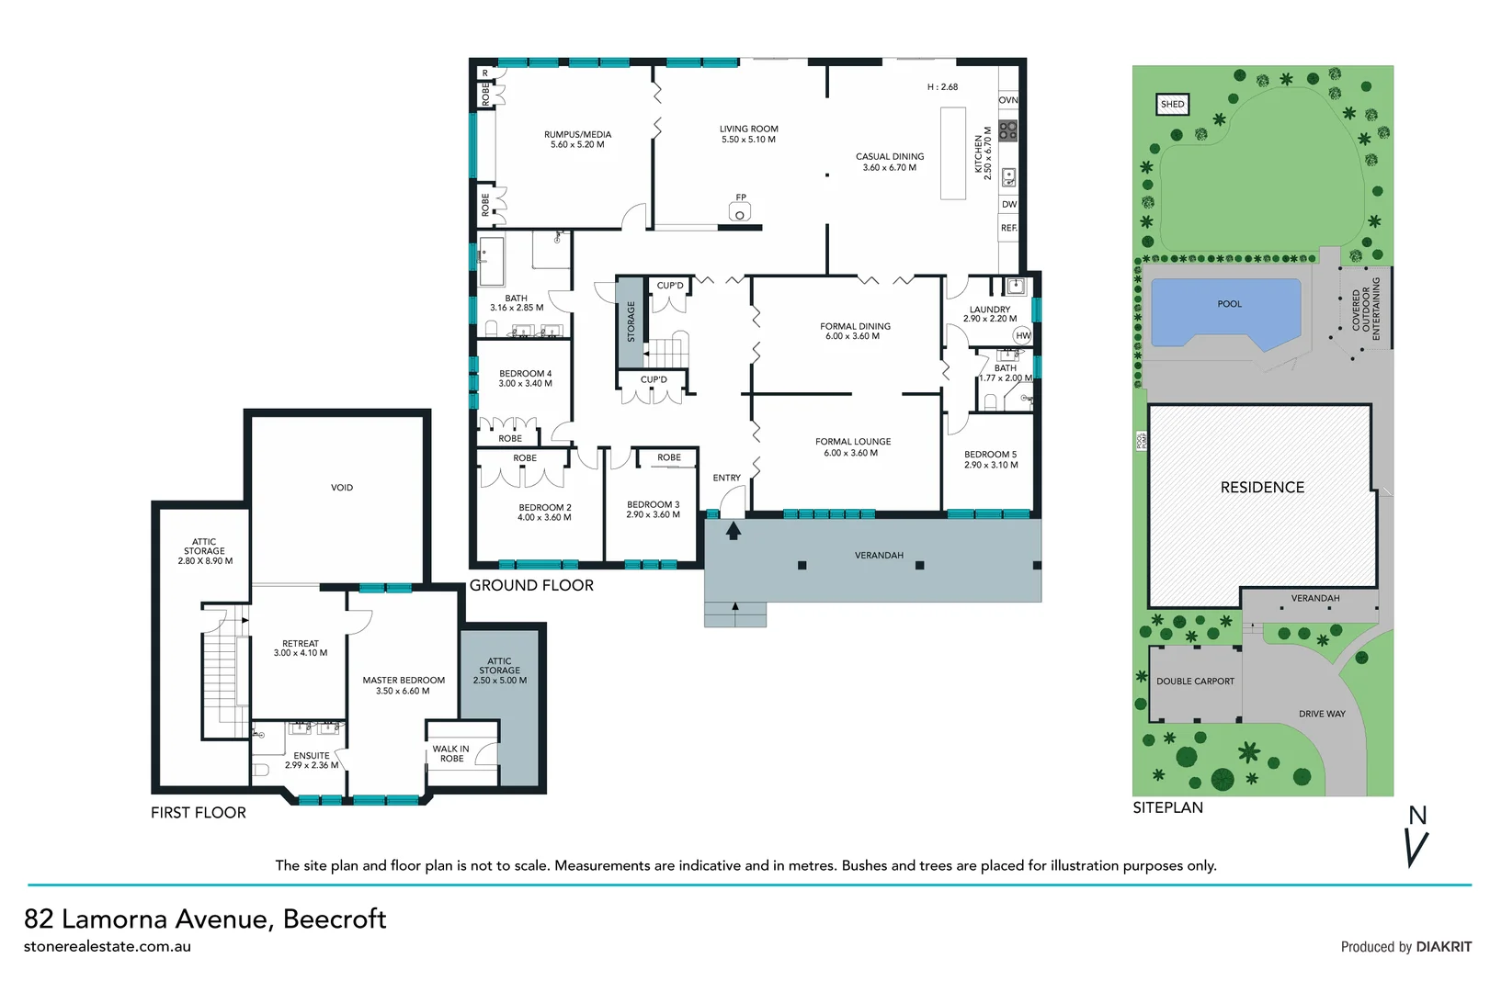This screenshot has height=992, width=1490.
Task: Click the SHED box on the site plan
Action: click(x=1172, y=105)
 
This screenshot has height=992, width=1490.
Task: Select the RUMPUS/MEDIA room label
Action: click(x=577, y=135)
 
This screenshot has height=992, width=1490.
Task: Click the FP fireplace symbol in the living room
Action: click(x=740, y=212)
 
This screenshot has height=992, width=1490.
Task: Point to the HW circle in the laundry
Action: click(x=1023, y=336)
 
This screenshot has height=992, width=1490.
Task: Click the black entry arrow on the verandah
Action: click(x=734, y=531)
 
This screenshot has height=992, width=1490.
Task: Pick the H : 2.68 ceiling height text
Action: click(x=942, y=87)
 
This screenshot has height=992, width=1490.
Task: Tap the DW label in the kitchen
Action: click(x=1009, y=205)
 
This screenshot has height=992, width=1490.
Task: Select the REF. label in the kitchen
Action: click(x=1009, y=228)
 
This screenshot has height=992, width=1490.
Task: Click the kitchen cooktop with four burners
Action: click(x=1008, y=130)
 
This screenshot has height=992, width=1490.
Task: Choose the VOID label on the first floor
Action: click(x=342, y=488)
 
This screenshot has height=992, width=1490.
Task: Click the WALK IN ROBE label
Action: click(x=451, y=754)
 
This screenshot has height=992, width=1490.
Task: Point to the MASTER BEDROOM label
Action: click(x=404, y=681)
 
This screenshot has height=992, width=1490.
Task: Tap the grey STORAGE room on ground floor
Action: click(x=630, y=321)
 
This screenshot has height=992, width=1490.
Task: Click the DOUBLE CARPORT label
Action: click(x=1195, y=682)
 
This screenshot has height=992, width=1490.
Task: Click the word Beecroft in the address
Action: click(x=335, y=919)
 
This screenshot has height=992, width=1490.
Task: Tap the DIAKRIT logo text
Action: click(x=1443, y=947)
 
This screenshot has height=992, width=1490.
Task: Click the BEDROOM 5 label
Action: click(x=990, y=455)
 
